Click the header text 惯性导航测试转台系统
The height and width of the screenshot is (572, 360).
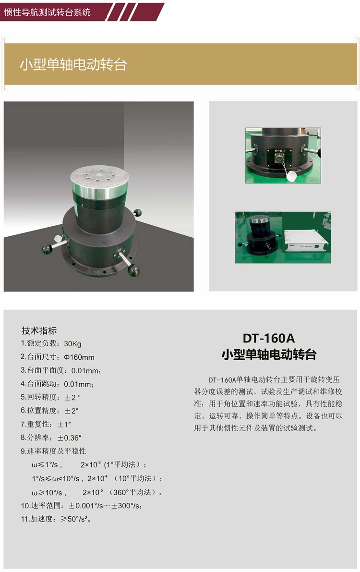tap(48, 12)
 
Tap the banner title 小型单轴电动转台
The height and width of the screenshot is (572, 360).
tap(73, 65)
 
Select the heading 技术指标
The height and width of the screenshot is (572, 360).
tap(39, 330)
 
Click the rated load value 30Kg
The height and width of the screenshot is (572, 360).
tap(72, 343)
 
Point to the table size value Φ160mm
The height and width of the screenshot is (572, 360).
tap(79, 357)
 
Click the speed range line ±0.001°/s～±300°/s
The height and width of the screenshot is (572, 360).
tap(106, 506)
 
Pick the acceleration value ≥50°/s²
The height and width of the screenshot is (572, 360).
tap(76, 519)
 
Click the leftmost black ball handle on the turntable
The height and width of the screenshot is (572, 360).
tap(47, 248)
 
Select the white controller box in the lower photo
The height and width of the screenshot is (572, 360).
tap(305, 244)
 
